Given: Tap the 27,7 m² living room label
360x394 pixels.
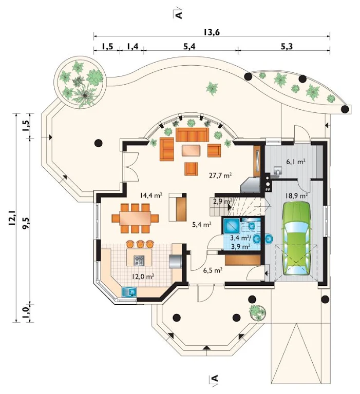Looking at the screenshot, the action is (220, 175).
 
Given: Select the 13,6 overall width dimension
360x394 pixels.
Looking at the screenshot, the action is (212, 32).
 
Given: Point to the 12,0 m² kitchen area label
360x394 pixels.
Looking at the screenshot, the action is (143, 277).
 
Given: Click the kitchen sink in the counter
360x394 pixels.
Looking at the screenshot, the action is (129, 292).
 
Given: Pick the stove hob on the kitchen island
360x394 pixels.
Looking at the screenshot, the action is (139, 261).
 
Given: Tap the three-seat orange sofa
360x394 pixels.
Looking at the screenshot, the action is (193, 135).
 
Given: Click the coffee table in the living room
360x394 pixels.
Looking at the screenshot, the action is (191, 150).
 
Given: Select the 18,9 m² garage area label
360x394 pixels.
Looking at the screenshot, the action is (297, 195).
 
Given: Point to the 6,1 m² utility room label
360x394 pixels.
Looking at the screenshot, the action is (296, 162).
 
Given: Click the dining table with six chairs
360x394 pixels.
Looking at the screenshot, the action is (136, 218).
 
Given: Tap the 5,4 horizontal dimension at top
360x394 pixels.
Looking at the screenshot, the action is (190, 47).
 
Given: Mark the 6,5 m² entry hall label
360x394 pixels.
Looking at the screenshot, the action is (213, 270).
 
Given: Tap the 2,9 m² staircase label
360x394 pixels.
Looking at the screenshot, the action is (223, 201).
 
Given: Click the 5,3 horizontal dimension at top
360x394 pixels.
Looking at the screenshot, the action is (288, 47).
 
